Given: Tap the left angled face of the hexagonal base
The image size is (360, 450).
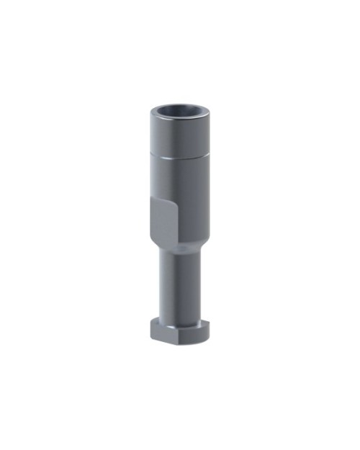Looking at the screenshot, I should [155, 330].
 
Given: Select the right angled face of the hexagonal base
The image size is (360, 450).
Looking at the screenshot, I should [202, 330].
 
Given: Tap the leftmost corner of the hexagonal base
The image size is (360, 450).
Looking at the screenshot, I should [150, 328].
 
